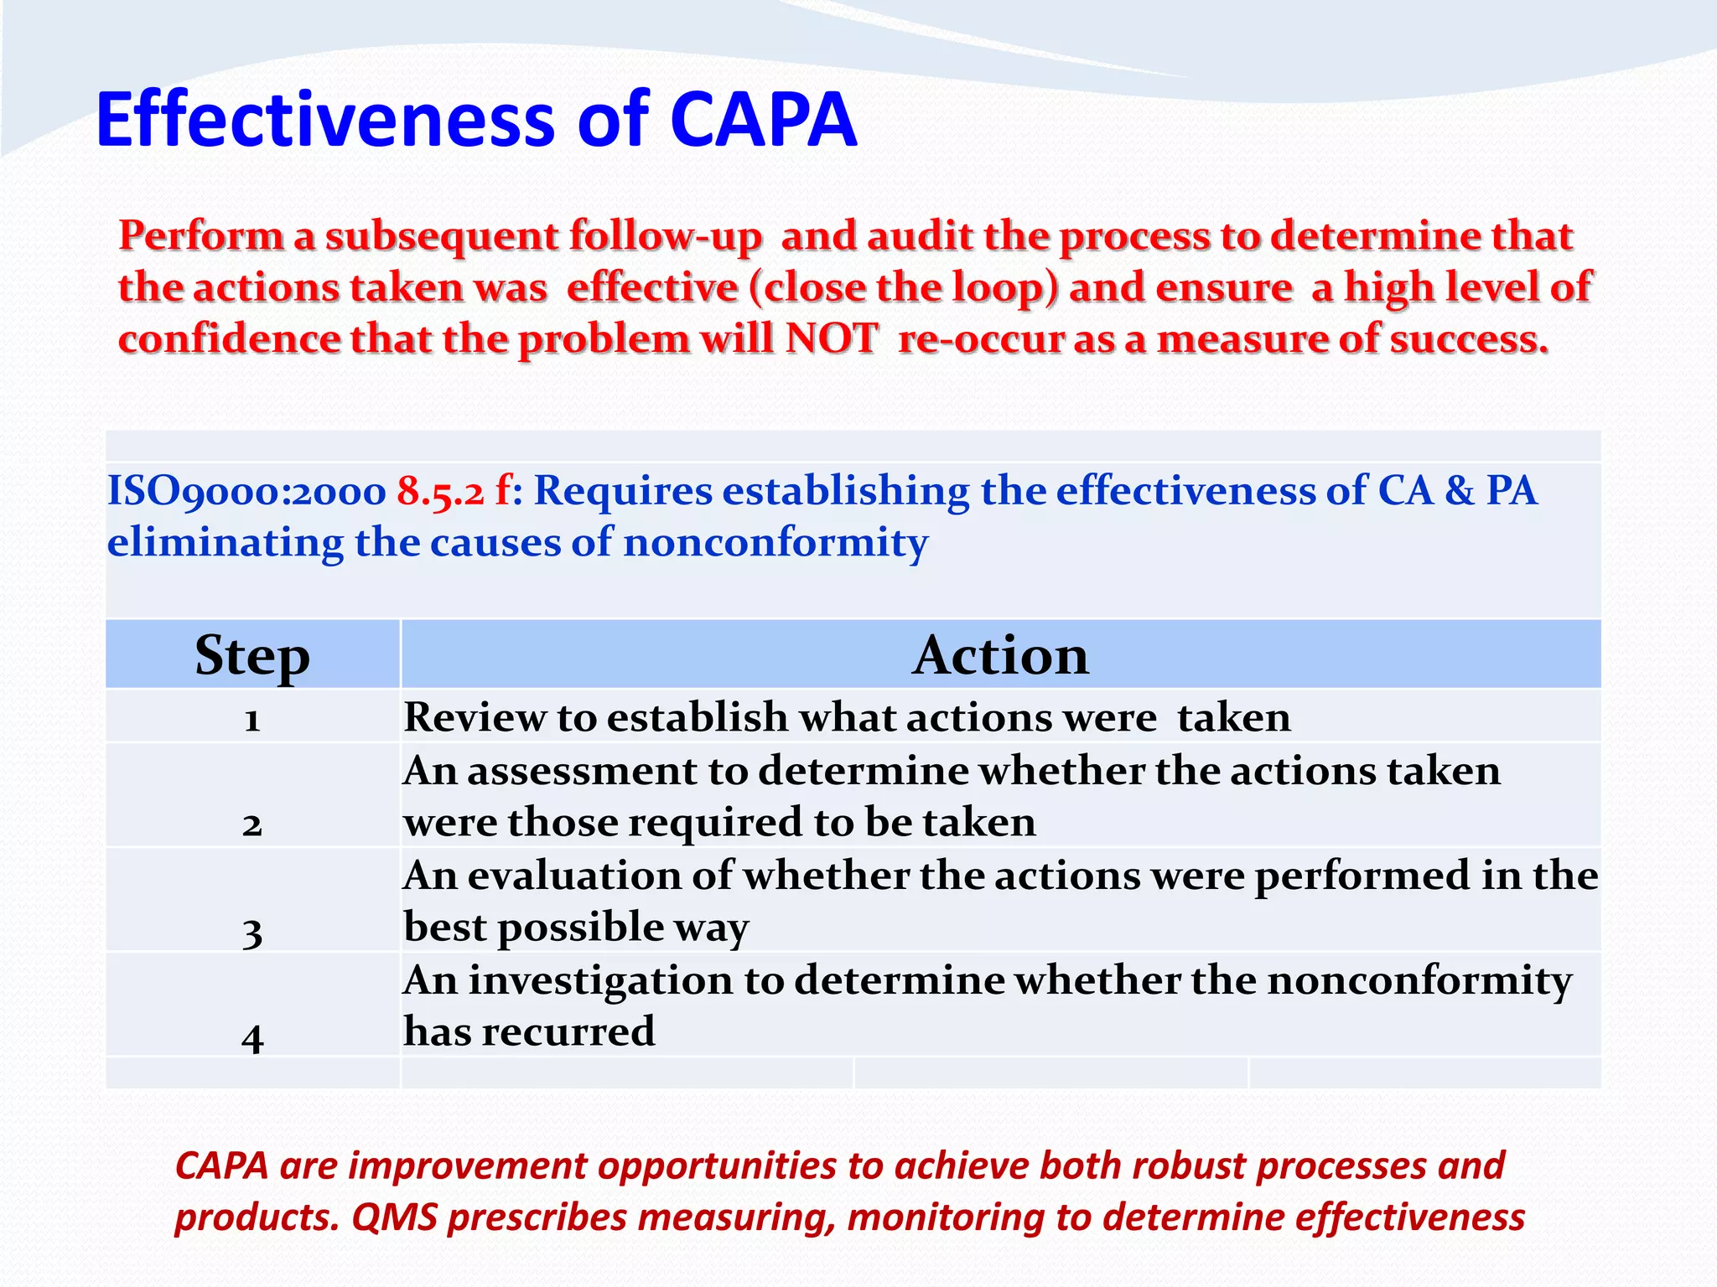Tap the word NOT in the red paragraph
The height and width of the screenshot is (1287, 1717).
point(832,339)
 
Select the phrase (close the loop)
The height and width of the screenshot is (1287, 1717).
point(904,287)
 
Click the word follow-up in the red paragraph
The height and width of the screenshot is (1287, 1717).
point(665,236)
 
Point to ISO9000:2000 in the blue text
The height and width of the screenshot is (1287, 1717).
point(246,491)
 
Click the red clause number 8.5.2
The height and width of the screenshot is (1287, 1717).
point(440,491)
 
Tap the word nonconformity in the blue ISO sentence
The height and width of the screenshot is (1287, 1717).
point(776,543)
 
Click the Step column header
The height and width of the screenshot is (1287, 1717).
point(252,655)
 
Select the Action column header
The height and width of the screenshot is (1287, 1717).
point(1000,655)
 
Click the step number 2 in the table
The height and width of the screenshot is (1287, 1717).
point(252,824)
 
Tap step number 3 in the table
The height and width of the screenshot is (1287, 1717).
point(252,931)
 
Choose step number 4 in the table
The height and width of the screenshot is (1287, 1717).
point(252,1037)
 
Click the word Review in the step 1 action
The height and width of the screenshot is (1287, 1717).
point(474,718)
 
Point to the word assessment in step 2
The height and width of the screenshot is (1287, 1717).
point(582,771)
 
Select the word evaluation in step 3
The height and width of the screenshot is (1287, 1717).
point(573,876)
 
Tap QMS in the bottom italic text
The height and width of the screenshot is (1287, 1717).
point(395,1217)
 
